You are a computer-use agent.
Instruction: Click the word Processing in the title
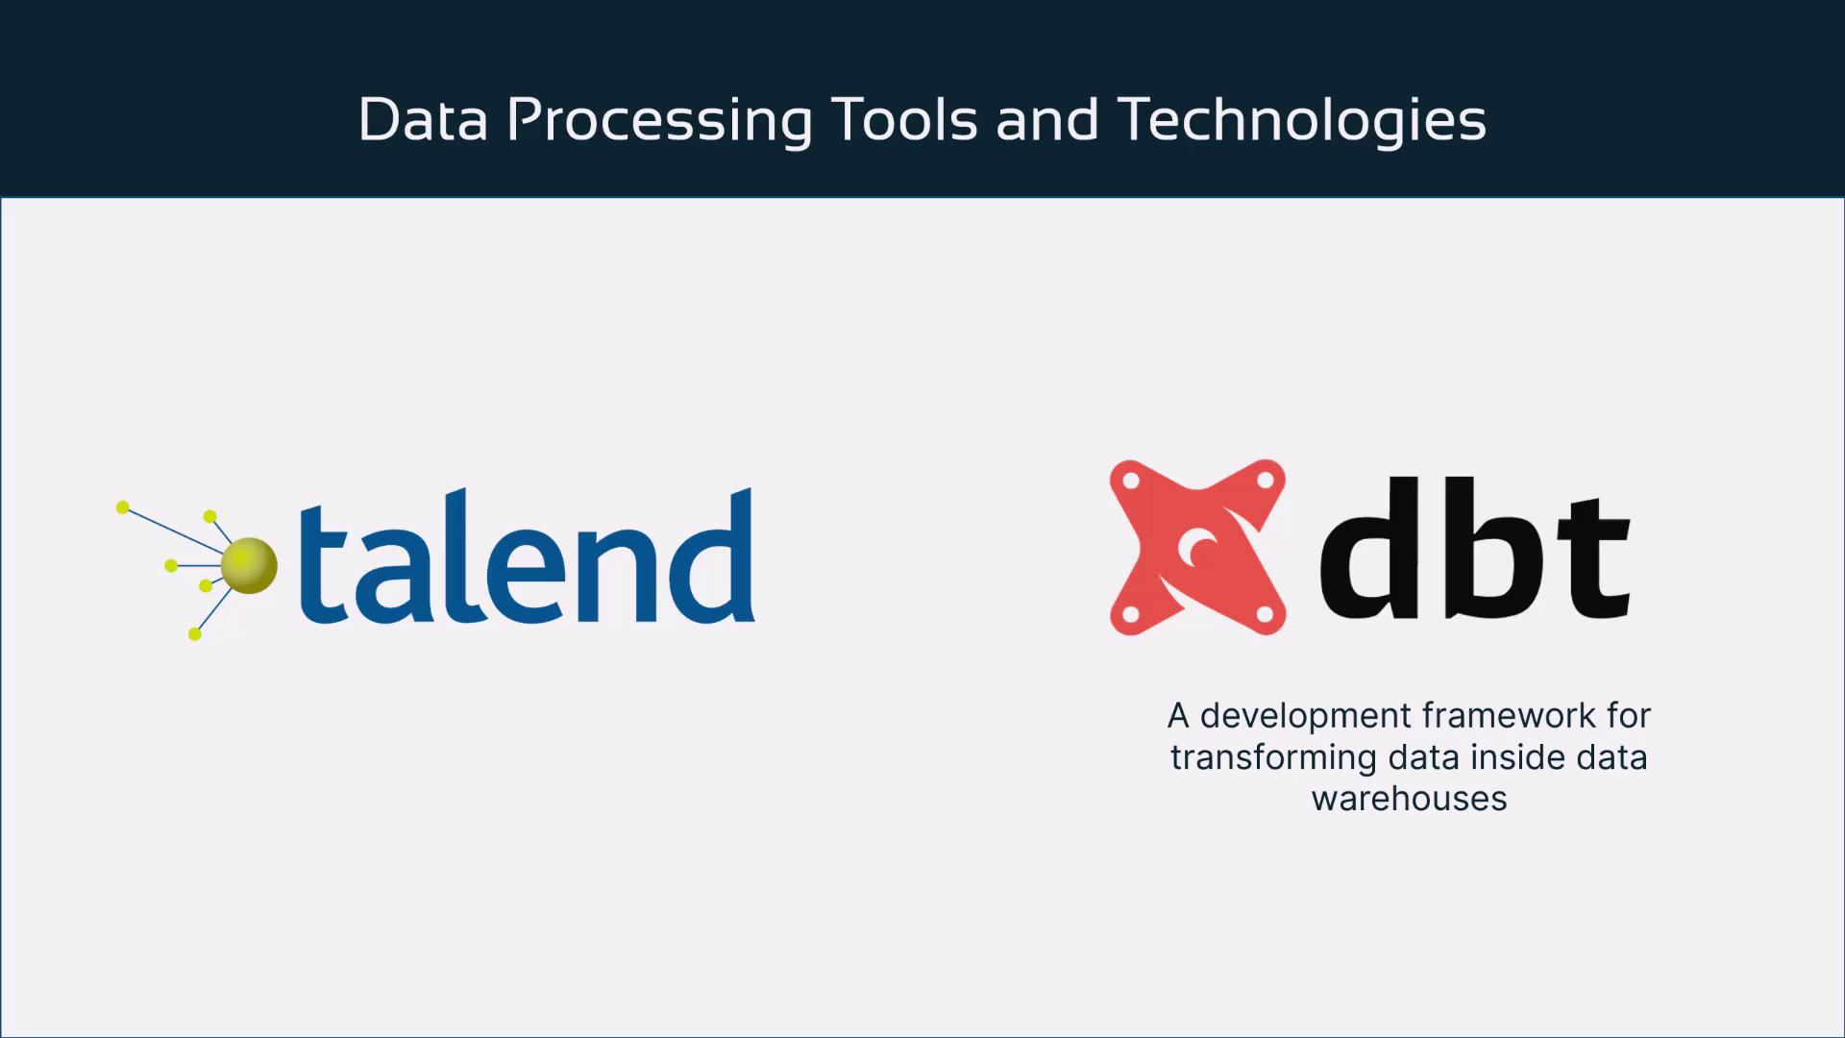point(659,122)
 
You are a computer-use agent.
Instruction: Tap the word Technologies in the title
point(1302,122)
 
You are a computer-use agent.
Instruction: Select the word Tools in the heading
point(904,120)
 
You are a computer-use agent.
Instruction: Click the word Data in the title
point(423,120)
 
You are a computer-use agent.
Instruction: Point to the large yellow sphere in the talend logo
point(249,565)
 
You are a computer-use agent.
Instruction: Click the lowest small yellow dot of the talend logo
point(194,634)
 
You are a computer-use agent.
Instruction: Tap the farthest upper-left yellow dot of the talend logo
point(122,507)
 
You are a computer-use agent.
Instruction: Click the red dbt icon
point(1197,547)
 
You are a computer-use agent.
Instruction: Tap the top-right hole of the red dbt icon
point(1265,479)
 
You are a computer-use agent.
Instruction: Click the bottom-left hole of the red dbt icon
point(1130,615)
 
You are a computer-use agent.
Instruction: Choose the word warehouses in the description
point(1409,799)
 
